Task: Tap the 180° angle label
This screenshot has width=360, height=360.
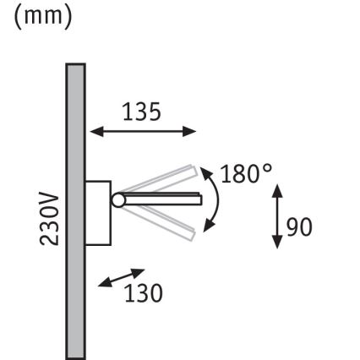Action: [x=246, y=175]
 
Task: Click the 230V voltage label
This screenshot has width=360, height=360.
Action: [x=50, y=218]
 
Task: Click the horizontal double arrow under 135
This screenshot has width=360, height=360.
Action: [x=144, y=131]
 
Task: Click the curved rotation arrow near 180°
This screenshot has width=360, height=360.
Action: [x=215, y=199]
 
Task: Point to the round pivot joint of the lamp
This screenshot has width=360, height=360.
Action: [x=117, y=199]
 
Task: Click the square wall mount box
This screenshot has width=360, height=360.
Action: [x=98, y=211]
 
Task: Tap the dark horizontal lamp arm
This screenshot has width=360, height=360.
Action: [x=161, y=199]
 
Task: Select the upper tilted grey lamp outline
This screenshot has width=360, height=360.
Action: [x=161, y=181]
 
